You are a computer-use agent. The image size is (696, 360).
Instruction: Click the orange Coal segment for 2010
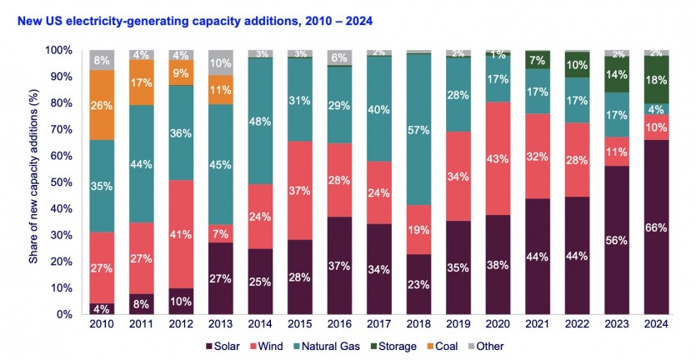tap(101, 104)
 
